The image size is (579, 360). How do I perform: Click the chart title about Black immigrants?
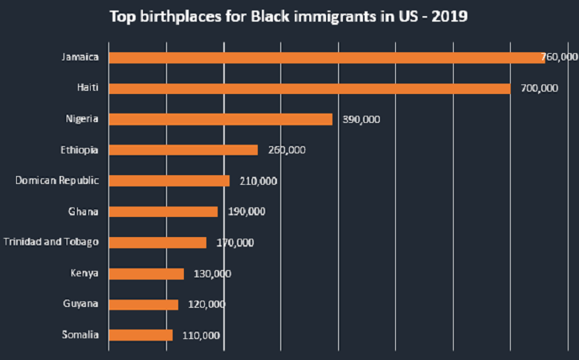289,15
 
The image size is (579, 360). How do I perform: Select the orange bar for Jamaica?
326,58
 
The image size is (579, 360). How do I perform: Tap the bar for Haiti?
309,88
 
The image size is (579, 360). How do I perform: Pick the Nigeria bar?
220,119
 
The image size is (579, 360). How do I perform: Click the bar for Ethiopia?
183,149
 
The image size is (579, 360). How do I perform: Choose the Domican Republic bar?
169,181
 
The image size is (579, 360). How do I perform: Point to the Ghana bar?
163,211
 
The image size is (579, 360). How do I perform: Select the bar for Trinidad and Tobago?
157,243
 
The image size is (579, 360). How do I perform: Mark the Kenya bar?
146,273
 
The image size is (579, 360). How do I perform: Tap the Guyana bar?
143,305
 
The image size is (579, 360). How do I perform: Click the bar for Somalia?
141,335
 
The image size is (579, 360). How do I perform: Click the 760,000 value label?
560,58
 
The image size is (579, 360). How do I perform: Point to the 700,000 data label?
539,88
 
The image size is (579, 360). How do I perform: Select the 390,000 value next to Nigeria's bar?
361,120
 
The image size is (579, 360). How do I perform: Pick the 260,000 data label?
287,150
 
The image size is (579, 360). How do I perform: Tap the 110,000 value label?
201,336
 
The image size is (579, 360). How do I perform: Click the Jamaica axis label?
80,57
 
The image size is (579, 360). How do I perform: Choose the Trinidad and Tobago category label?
51,242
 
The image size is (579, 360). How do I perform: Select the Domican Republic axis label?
56,180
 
